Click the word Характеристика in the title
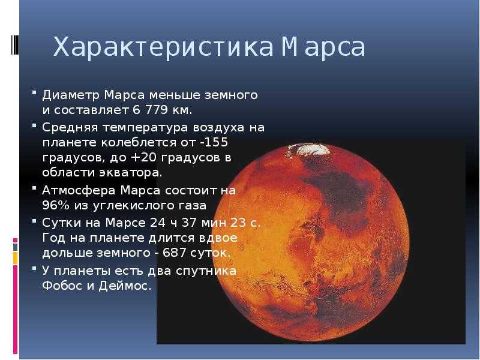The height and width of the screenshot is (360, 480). tap(163, 47)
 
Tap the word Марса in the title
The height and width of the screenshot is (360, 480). tap(323, 48)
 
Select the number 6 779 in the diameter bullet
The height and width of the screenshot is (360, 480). tap(151, 110)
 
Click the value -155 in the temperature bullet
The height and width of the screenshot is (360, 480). tap(215, 142)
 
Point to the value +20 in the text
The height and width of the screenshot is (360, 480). tap(143, 157)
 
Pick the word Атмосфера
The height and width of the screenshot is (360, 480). tap(79, 191)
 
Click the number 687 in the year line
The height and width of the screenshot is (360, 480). tap(174, 253)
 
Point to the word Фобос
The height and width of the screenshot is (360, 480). tap(62, 286)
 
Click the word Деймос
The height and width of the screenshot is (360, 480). tap(125, 286)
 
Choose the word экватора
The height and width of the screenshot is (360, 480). tap(130, 173)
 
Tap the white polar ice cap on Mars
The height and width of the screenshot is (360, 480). tap(310, 149)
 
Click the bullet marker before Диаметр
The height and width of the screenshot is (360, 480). tap(34, 92)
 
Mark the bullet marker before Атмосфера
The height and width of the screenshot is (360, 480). tap(34, 188)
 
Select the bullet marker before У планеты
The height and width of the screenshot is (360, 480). tap(34, 268)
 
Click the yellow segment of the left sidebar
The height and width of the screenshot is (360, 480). tap(16, 258)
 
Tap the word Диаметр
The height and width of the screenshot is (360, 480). tap(71, 95)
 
